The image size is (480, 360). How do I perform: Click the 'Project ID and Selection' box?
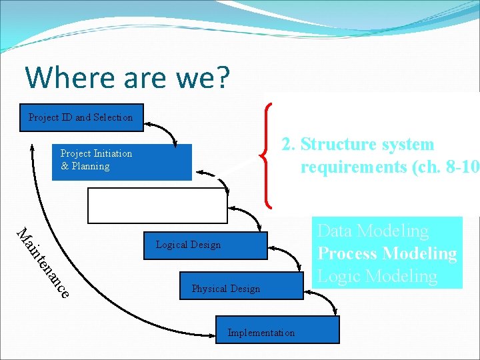tap(81, 117)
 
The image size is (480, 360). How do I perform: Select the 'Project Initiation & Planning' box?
tap(122, 162)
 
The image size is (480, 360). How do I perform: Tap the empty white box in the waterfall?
tap(157, 205)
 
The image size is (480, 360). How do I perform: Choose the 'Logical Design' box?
tap(205, 245)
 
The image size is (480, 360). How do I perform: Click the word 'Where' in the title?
tap(65, 77)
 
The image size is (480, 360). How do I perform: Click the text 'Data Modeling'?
tap(373, 231)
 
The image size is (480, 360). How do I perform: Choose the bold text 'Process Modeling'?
tap(387, 253)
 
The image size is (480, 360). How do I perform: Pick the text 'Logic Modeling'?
tap(377, 276)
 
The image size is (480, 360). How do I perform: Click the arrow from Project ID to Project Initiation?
tap(163, 130)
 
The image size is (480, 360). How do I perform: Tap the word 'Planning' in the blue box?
tap(91, 167)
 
